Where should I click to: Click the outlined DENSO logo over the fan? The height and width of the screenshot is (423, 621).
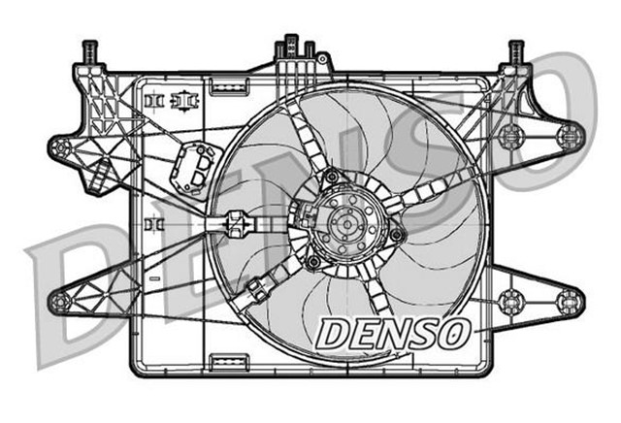click(x=392, y=334)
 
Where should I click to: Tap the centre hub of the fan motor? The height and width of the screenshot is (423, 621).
click(x=343, y=222)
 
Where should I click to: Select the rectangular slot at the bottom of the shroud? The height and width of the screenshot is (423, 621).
click(x=225, y=364)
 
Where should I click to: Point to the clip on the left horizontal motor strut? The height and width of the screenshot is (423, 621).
click(x=233, y=224)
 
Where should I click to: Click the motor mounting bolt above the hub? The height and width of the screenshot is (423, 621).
click(x=333, y=177)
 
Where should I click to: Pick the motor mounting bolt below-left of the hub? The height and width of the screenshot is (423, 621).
click(x=311, y=262)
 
